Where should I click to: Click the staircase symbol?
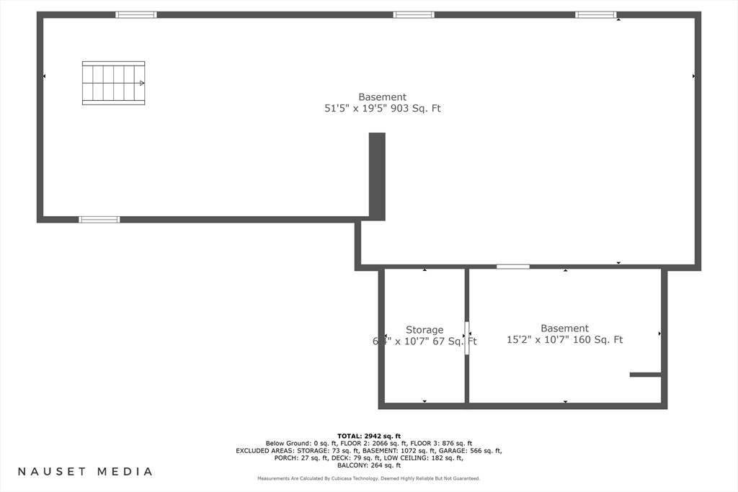(113, 83)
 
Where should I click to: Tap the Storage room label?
(424, 330)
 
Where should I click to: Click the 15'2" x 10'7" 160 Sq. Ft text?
(564, 340)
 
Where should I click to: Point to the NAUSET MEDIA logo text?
(85, 472)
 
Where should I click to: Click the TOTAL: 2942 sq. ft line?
(369, 436)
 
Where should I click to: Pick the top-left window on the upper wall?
(136, 14)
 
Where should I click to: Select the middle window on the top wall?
(414, 14)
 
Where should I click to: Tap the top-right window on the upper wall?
(596, 14)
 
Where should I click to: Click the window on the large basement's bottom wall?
(99, 219)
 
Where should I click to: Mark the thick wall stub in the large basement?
(377, 175)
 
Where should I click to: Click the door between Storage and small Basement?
(467, 337)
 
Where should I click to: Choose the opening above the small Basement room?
(513, 267)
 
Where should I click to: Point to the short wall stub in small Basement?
(645, 375)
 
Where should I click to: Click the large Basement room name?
(382, 97)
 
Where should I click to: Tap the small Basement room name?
(564, 328)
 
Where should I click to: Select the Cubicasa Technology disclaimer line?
(369, 478)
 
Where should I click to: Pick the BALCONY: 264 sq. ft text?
(369, 465)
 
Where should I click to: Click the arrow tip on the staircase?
(142, 83)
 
